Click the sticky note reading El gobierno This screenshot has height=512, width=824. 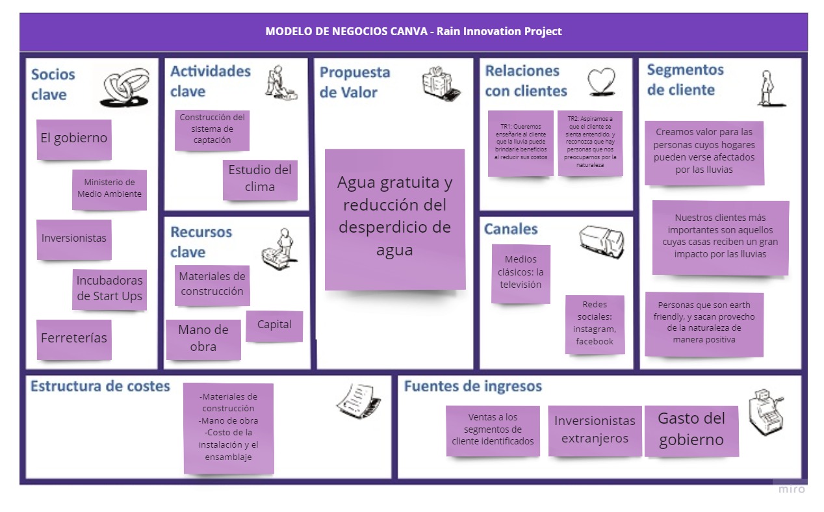73,138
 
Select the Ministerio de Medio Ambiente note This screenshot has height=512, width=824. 109,188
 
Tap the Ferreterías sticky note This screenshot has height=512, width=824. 73,339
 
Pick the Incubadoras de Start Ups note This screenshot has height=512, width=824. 109,289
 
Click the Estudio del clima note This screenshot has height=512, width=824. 260,179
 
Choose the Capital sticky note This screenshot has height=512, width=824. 274,325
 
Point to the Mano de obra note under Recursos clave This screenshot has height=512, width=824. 203,339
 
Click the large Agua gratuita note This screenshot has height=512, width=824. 394,218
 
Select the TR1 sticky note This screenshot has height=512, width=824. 521,142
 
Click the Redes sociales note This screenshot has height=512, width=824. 594,324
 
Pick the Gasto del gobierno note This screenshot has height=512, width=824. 691,429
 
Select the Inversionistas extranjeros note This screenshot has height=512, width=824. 595,429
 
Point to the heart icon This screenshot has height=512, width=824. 601,83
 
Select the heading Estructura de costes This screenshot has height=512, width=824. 100,387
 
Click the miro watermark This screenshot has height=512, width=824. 792,489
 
